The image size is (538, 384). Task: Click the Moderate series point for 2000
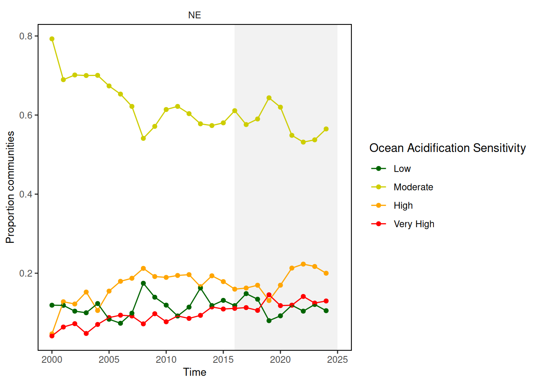click(x=52, y=39)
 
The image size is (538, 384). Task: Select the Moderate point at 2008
click(x=143, y=138)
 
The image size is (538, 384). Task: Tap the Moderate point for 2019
click(x=269, y=98)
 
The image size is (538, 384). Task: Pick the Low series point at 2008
click(x=143, y=283)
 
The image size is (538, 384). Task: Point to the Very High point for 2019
click(x=269, y=295)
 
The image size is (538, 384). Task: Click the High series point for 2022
click(x=303, y=264)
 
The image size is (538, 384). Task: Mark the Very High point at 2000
click(x=52, y=336)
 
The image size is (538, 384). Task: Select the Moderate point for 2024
click(x=326, y=129)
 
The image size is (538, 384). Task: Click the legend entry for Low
click(x=402, y=169)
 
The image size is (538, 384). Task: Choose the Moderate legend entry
click(x=413, y=187)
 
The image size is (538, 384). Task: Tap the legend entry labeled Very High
click(x=414, y=224)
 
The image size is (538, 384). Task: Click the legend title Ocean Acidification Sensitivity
click(x=447, y=148)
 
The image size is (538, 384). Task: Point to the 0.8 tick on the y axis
click(x=26, y=36)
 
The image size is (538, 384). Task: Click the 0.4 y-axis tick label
click(x=26, y=194)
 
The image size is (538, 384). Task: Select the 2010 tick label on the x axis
click(x=166, y=360)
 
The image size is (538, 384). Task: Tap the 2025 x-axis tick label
click(x=337, y=360)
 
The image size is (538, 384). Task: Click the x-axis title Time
click(x=195, y=372)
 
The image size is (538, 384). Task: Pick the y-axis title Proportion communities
click(x=10, y=187)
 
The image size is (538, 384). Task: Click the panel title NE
click(x=195, y=15)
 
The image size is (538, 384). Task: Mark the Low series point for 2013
click(x=201, y=288)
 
